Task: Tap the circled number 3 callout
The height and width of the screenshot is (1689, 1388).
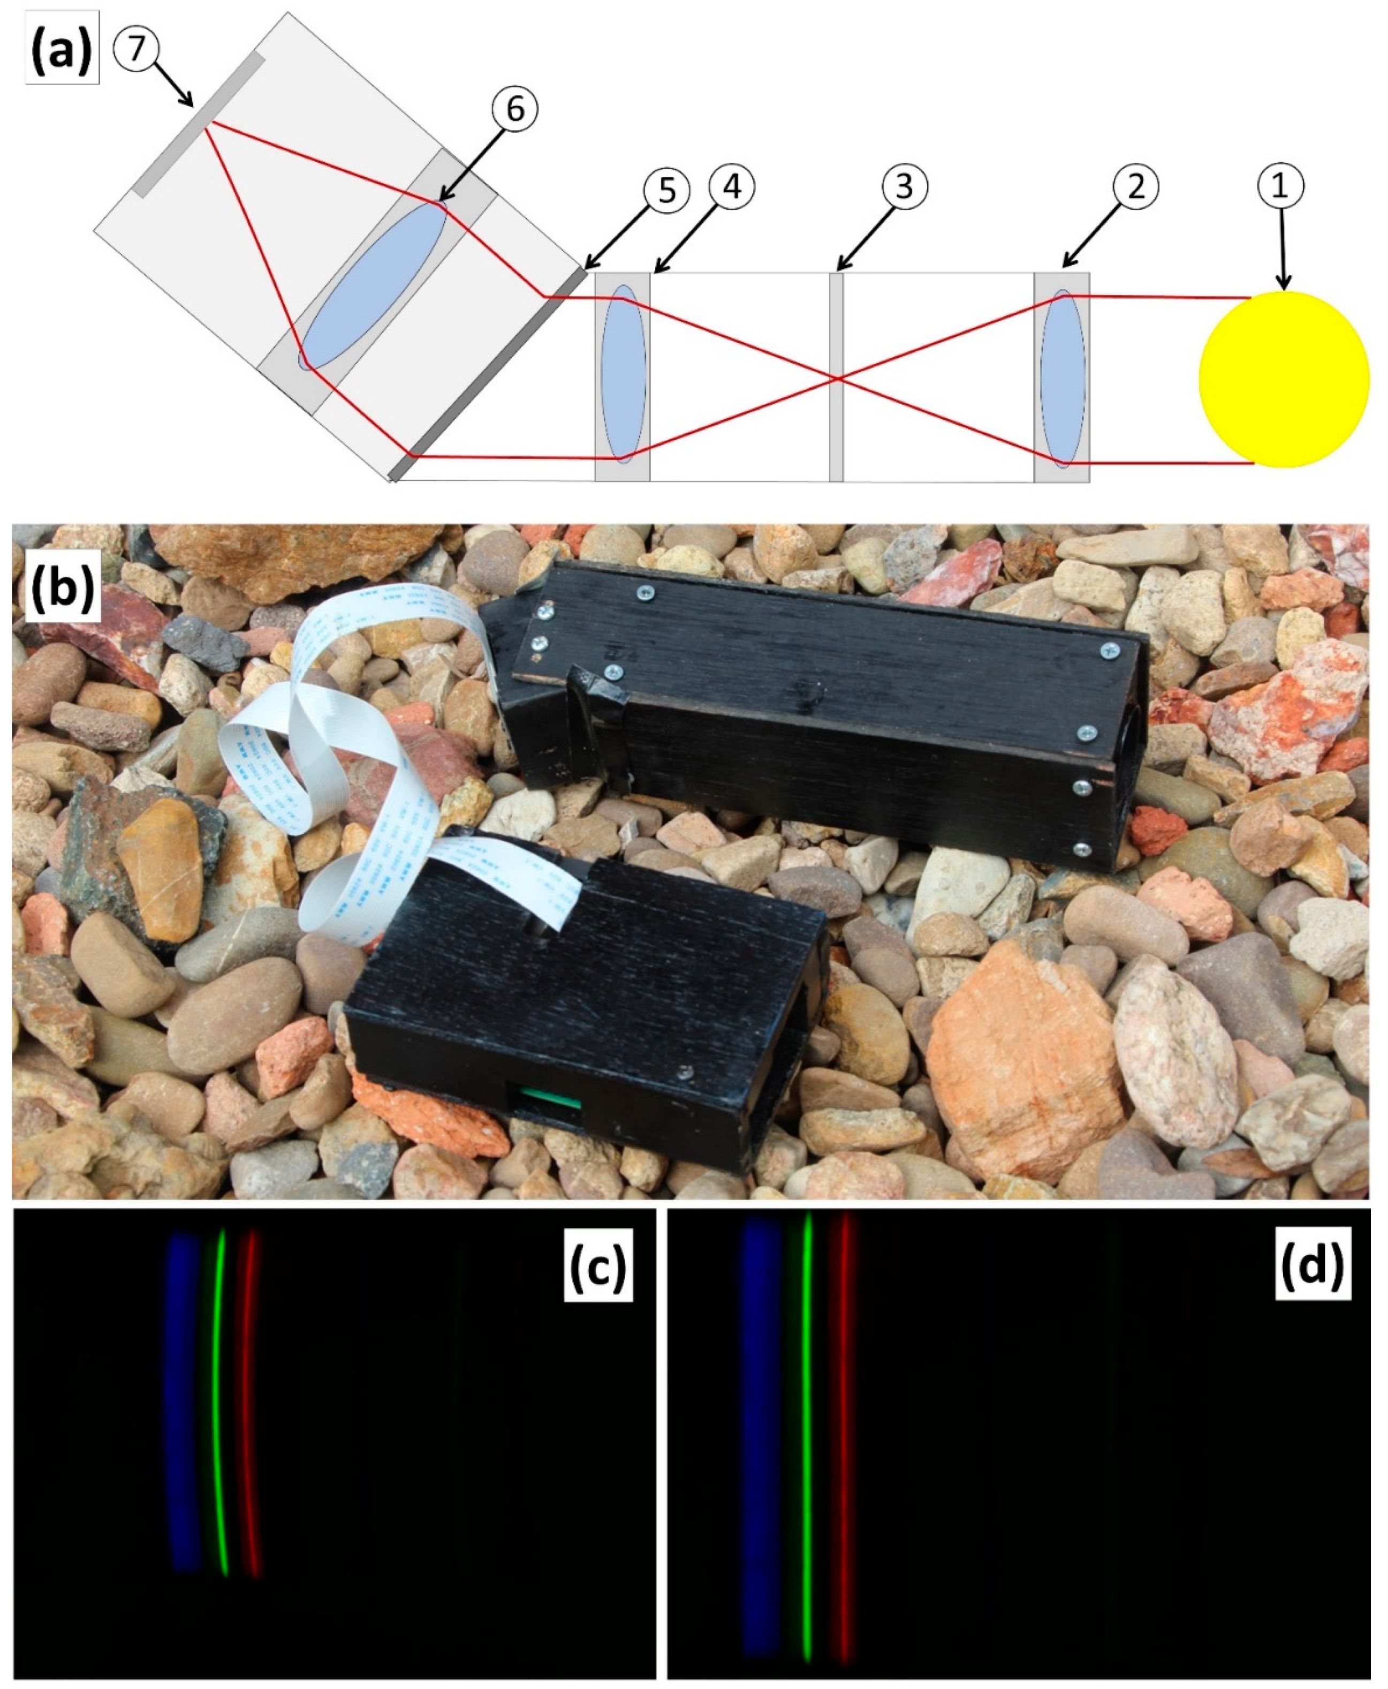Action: (904, 185)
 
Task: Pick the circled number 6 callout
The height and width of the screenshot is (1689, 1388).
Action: (515, 109)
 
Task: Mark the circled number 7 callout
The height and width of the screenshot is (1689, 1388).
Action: (136, 49)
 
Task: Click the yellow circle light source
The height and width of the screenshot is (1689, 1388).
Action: (1283, 379)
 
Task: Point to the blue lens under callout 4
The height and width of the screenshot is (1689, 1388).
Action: (624, 374)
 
